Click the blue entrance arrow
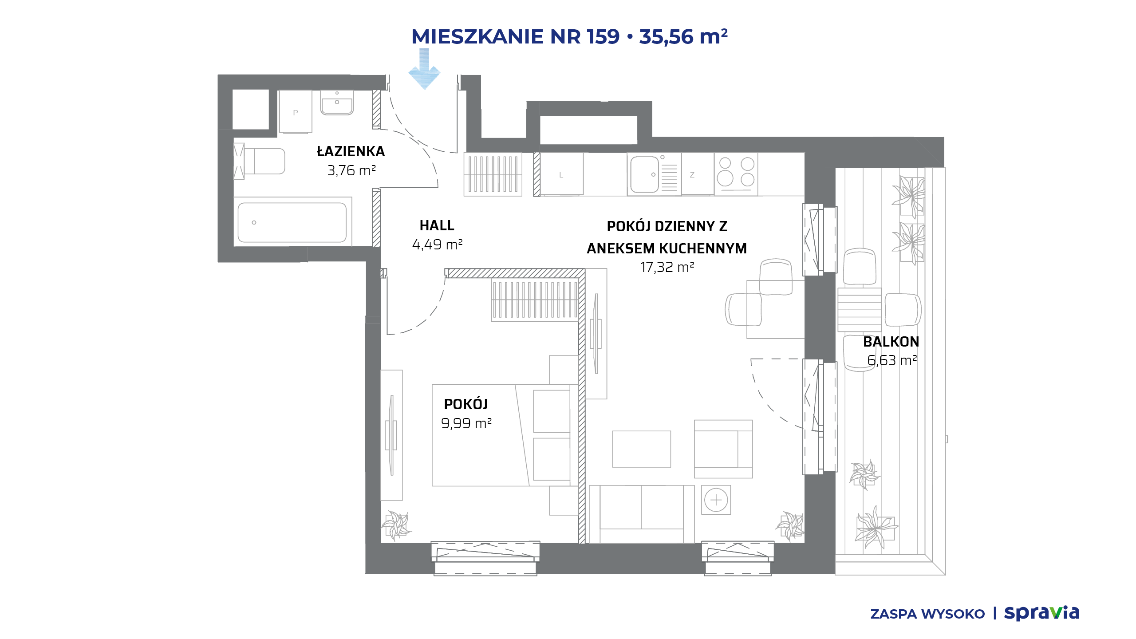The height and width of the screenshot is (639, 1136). [x=424, y=69]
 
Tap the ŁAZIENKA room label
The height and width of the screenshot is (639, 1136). [x=351, y=151]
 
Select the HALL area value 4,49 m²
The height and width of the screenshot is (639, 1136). [x=437, y=245]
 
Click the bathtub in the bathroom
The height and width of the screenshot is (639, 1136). [x=292, y=222]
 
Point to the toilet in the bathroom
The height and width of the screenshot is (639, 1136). [x=260, y=161]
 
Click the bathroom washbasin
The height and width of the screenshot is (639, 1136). [x=337, y=103]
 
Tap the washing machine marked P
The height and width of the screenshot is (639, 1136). [x=296, y=112]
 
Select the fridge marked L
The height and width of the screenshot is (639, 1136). [x=562, y=174]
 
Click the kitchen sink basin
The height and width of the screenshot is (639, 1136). [x=644, y=174]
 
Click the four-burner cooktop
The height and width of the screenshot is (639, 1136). [x=736, y=173]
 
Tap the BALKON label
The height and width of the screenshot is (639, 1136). [x=891, y=342]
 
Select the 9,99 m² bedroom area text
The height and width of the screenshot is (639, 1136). [x=466, y=423]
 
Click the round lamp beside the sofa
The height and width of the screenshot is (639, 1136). [x=716, y=500]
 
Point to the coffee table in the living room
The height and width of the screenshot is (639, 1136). [x=642, y=449]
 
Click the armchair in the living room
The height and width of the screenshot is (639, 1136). [x=723, y=449]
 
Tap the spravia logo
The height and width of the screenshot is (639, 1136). [x=1041, y=613]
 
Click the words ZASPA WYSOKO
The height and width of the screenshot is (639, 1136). [x=927, y=614]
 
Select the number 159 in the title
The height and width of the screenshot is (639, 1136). [x=603, y=36]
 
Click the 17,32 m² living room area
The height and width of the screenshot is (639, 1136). [x=667, y=267]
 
